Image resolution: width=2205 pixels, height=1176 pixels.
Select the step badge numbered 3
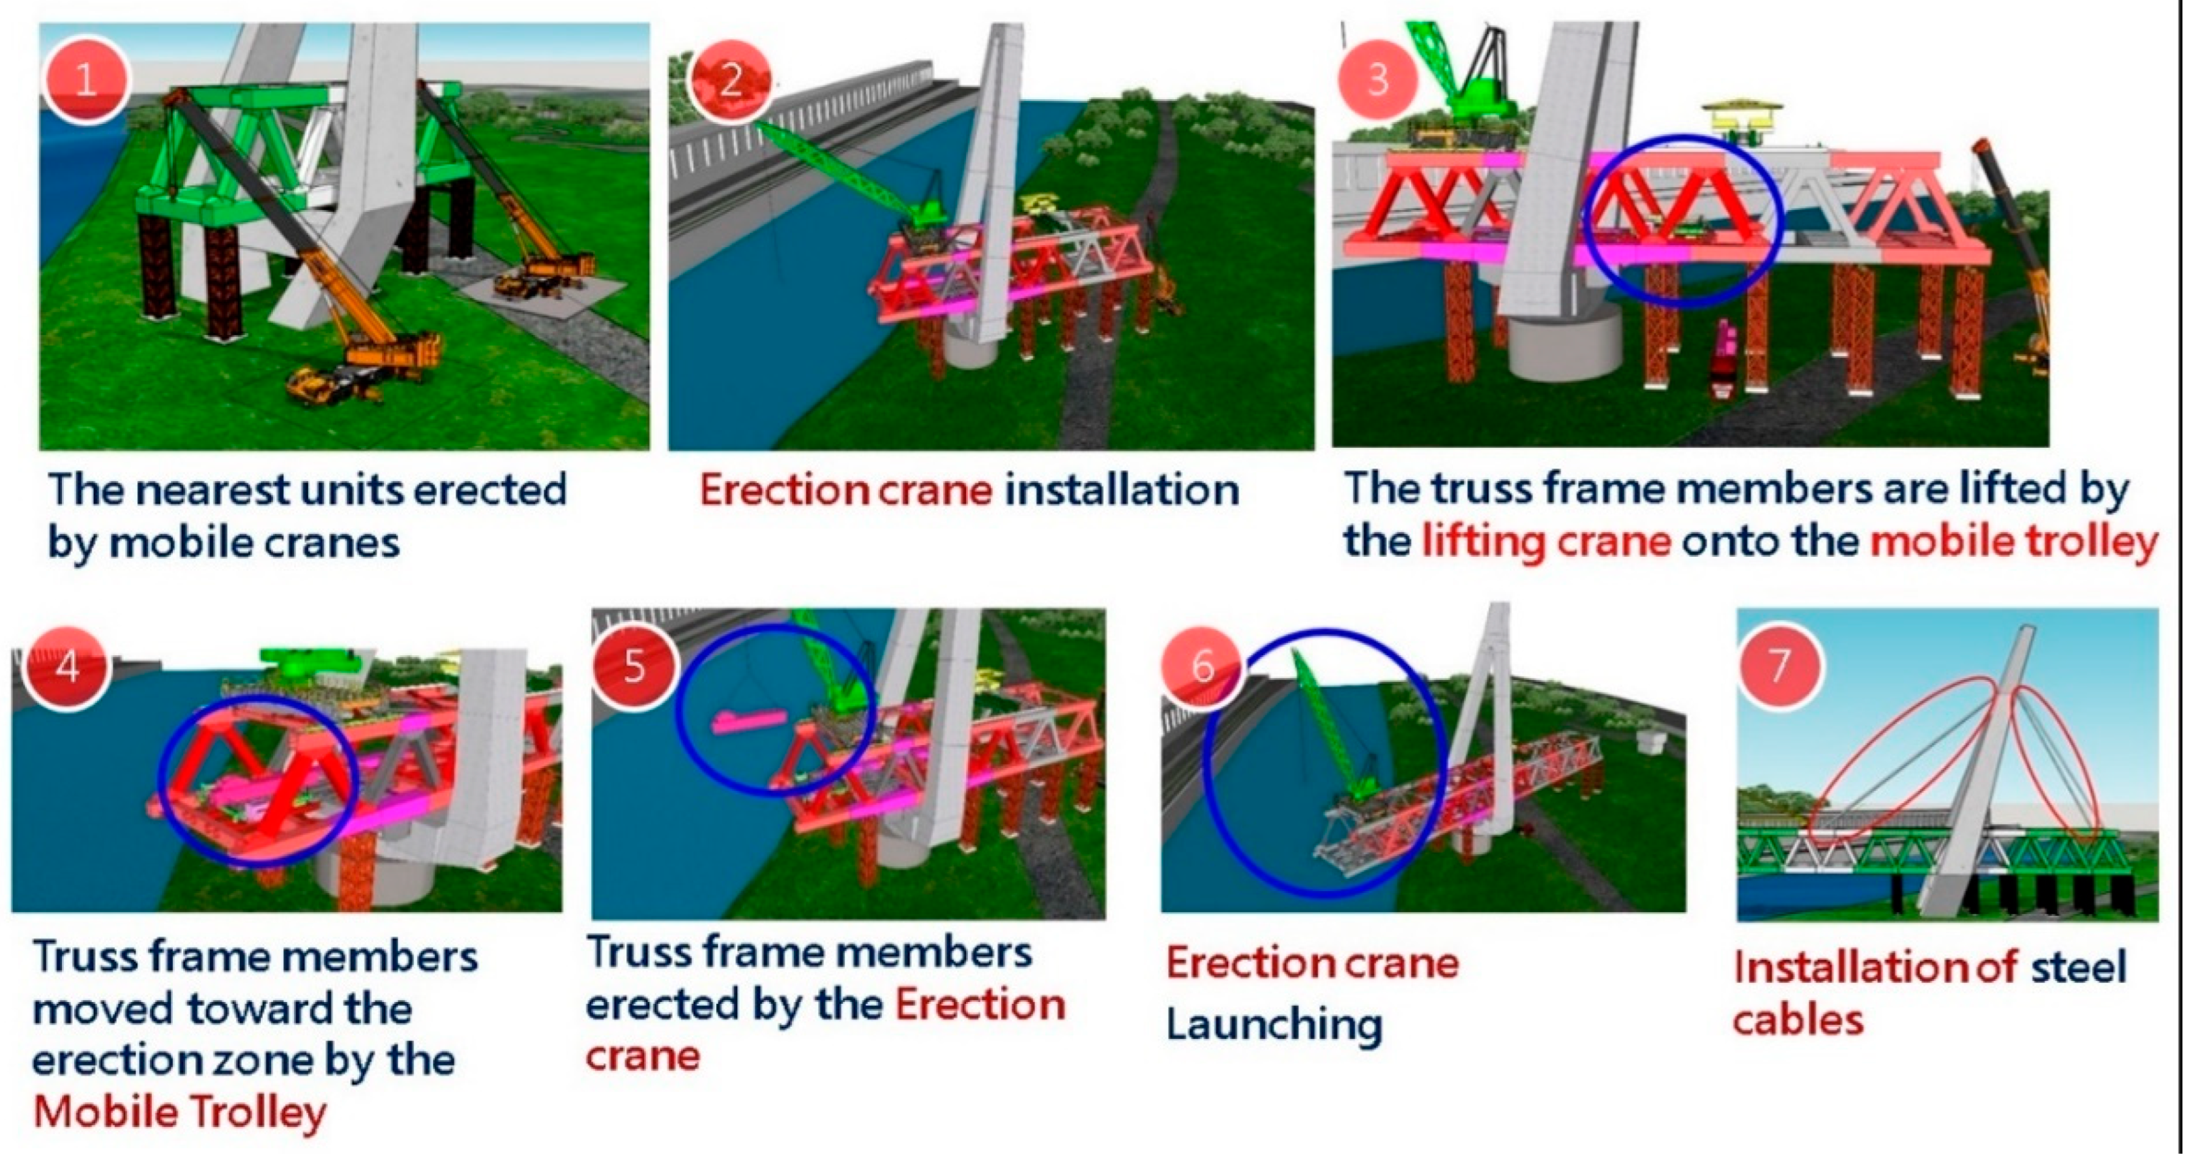click(1377, 79)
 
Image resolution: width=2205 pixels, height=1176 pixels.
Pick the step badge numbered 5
click(634, 666)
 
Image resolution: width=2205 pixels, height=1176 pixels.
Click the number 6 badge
click(1203, 666)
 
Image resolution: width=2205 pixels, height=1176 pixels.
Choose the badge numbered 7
click(1779, 666)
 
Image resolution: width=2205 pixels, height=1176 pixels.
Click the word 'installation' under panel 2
click(1121, 490)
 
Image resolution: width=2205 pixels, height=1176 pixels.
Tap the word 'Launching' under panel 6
click(1274, 1025)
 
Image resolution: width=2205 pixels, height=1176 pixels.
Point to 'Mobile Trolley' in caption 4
click(180, 1113)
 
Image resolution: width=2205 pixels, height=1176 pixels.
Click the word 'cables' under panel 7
click(1798, 1020)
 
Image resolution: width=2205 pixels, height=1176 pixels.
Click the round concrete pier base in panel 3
click(1563, 347)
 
